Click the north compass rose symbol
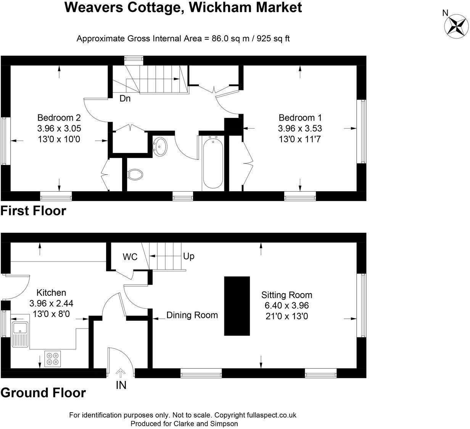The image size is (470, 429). [x=457, y=26]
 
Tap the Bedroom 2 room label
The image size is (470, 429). [x=59, y=118]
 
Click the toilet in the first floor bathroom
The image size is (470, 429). [x=135, y=174]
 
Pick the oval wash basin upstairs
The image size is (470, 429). [x=161, y=147]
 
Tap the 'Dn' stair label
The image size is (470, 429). [x=125, y=98]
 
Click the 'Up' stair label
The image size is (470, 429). [x=189, y=256]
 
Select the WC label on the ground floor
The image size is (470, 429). [x=130, y=257]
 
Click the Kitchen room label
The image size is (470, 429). [x=51, y=293]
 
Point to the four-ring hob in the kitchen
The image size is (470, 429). [x=52, y=358]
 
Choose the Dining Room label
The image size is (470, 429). [x=192, y=315]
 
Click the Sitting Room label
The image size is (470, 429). [x=287, y=295]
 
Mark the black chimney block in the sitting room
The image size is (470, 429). [x=237, y=306]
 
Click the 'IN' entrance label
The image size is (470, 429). [x=121, y=385]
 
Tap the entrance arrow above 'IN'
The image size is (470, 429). [x=121, y=373]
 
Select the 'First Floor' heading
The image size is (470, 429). [x=33, y=211]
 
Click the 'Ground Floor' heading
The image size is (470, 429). [x=43, y=393]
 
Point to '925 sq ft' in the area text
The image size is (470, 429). [x=274, y=39]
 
